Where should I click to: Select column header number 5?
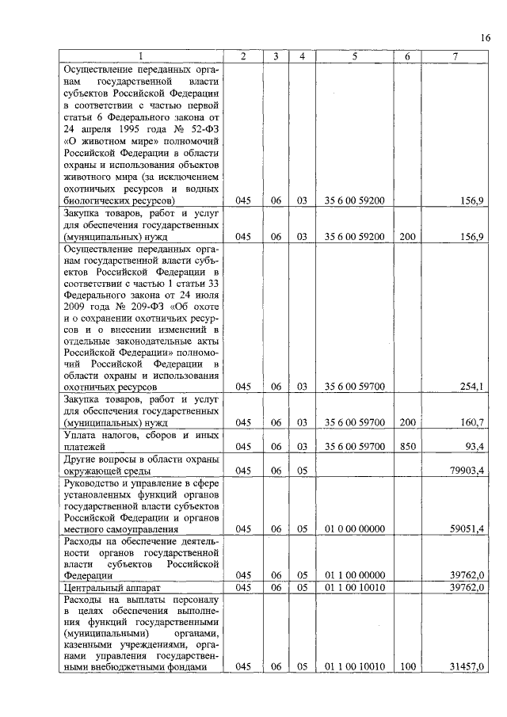354,56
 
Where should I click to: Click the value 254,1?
471,387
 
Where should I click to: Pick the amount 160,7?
471,423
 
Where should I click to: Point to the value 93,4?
475,447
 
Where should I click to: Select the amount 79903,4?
467,471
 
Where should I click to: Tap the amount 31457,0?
467,667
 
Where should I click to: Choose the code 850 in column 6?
407,447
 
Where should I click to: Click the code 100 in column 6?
407,667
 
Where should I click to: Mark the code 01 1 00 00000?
354,575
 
